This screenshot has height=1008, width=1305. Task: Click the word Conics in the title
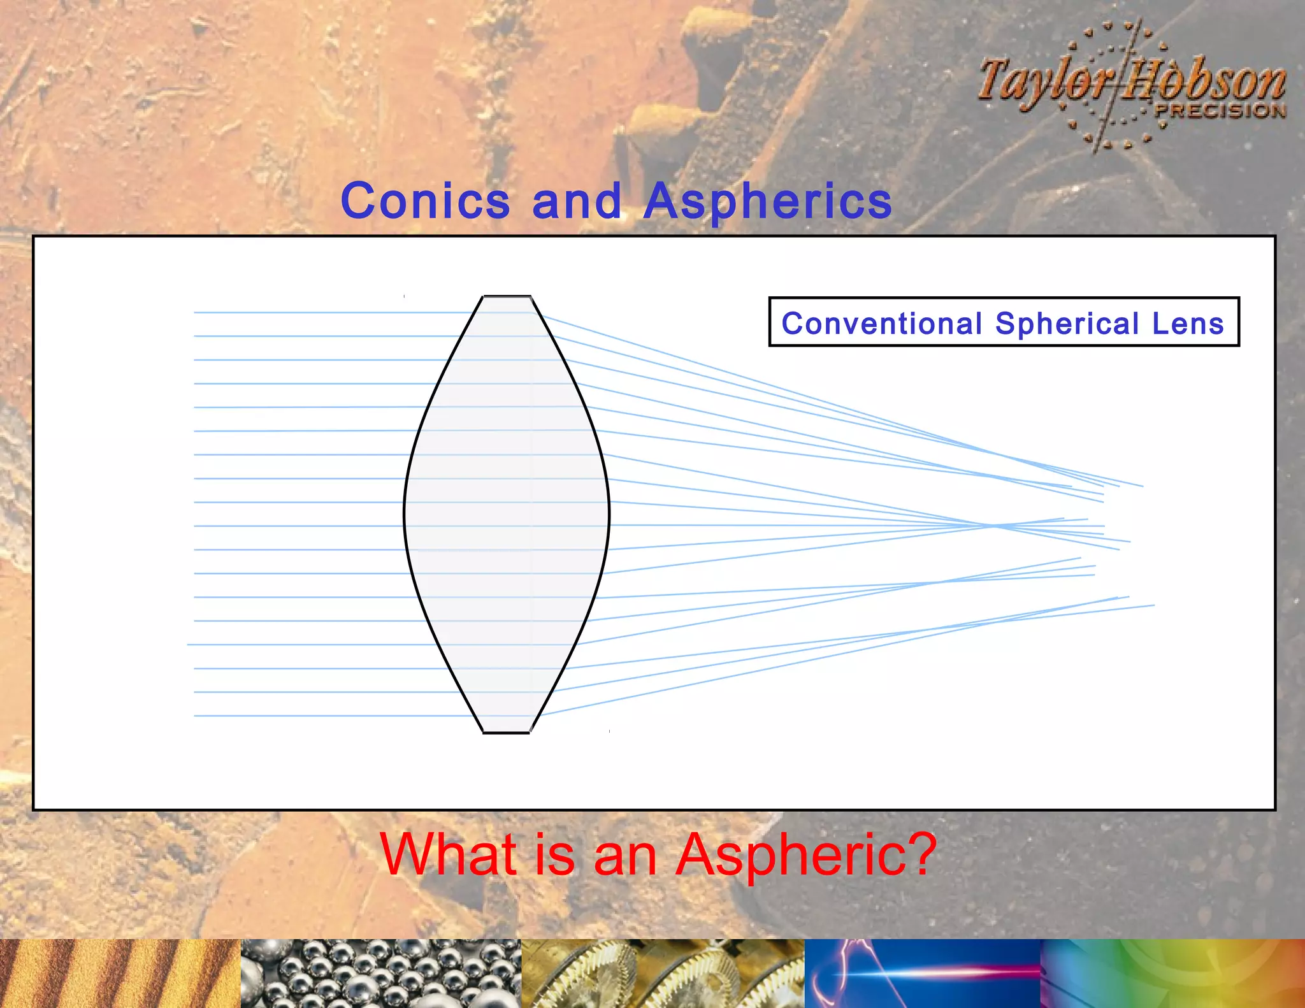425,201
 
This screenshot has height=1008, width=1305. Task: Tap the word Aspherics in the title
767,201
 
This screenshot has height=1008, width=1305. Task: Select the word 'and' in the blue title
576,201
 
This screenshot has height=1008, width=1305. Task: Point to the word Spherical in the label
1067,323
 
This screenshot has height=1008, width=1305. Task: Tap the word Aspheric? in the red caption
806,854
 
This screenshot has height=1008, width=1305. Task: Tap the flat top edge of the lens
507,296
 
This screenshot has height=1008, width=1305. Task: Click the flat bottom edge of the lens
507,733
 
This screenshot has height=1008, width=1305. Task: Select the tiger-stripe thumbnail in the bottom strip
120,974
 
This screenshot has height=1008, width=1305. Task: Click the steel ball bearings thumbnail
381,974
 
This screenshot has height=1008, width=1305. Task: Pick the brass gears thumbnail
663,974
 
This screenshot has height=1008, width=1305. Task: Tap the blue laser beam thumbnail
922,974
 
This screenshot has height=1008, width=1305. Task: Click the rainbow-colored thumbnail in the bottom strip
1172,974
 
